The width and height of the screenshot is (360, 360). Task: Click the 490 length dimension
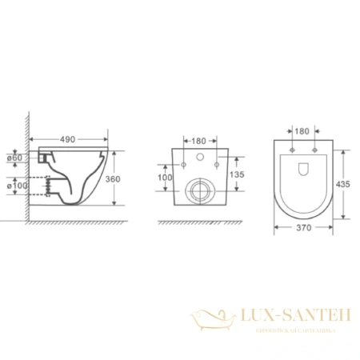coord(67,138)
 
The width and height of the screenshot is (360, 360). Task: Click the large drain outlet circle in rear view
coord(200,190)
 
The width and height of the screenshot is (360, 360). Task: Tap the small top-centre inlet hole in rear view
coord(200,157)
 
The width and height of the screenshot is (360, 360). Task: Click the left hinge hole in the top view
coord(294,153)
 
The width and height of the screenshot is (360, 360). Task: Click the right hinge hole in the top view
coord(314,153)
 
